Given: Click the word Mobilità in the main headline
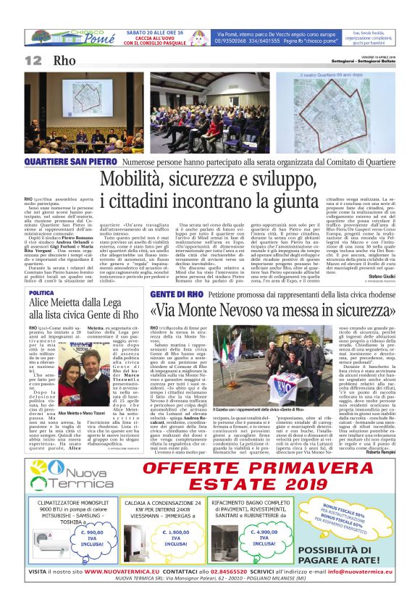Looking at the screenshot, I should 132,178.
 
